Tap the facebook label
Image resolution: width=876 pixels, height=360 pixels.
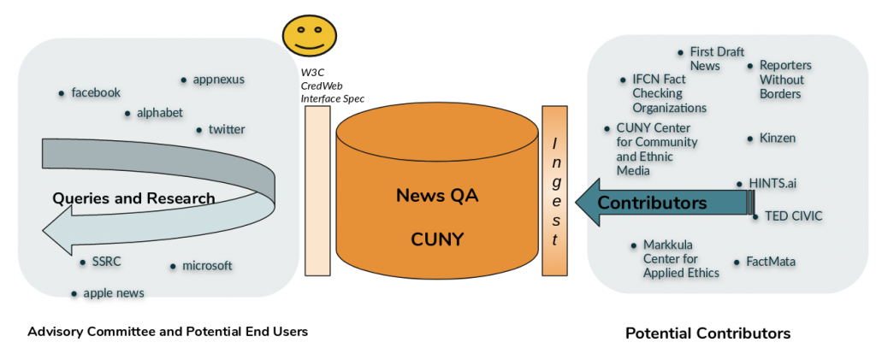point(96,92)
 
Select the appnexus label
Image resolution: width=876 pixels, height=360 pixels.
point(218,80)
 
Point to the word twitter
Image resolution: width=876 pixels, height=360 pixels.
point(227,129)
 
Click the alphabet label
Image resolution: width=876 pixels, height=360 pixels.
point(160,112)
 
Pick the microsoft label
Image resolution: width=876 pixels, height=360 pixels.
point(207,265)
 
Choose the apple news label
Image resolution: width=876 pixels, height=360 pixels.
point(114,292)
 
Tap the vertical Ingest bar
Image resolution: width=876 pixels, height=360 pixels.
point(554,191)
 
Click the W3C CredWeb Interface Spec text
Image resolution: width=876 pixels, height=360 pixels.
point(332,86)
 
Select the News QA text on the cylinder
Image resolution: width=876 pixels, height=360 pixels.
point(437,195)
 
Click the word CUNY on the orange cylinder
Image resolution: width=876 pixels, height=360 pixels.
point(436,239)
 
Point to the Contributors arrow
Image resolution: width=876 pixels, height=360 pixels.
point(653,203)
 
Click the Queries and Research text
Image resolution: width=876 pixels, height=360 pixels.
point(133,198)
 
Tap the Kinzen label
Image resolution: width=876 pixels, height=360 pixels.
point(778,138)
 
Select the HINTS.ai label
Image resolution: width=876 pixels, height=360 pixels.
point(772,183)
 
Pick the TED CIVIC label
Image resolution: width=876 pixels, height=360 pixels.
point(791,216)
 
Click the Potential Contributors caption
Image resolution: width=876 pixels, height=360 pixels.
point(707,333)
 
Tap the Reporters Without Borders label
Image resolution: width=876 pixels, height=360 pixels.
point(785,80)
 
